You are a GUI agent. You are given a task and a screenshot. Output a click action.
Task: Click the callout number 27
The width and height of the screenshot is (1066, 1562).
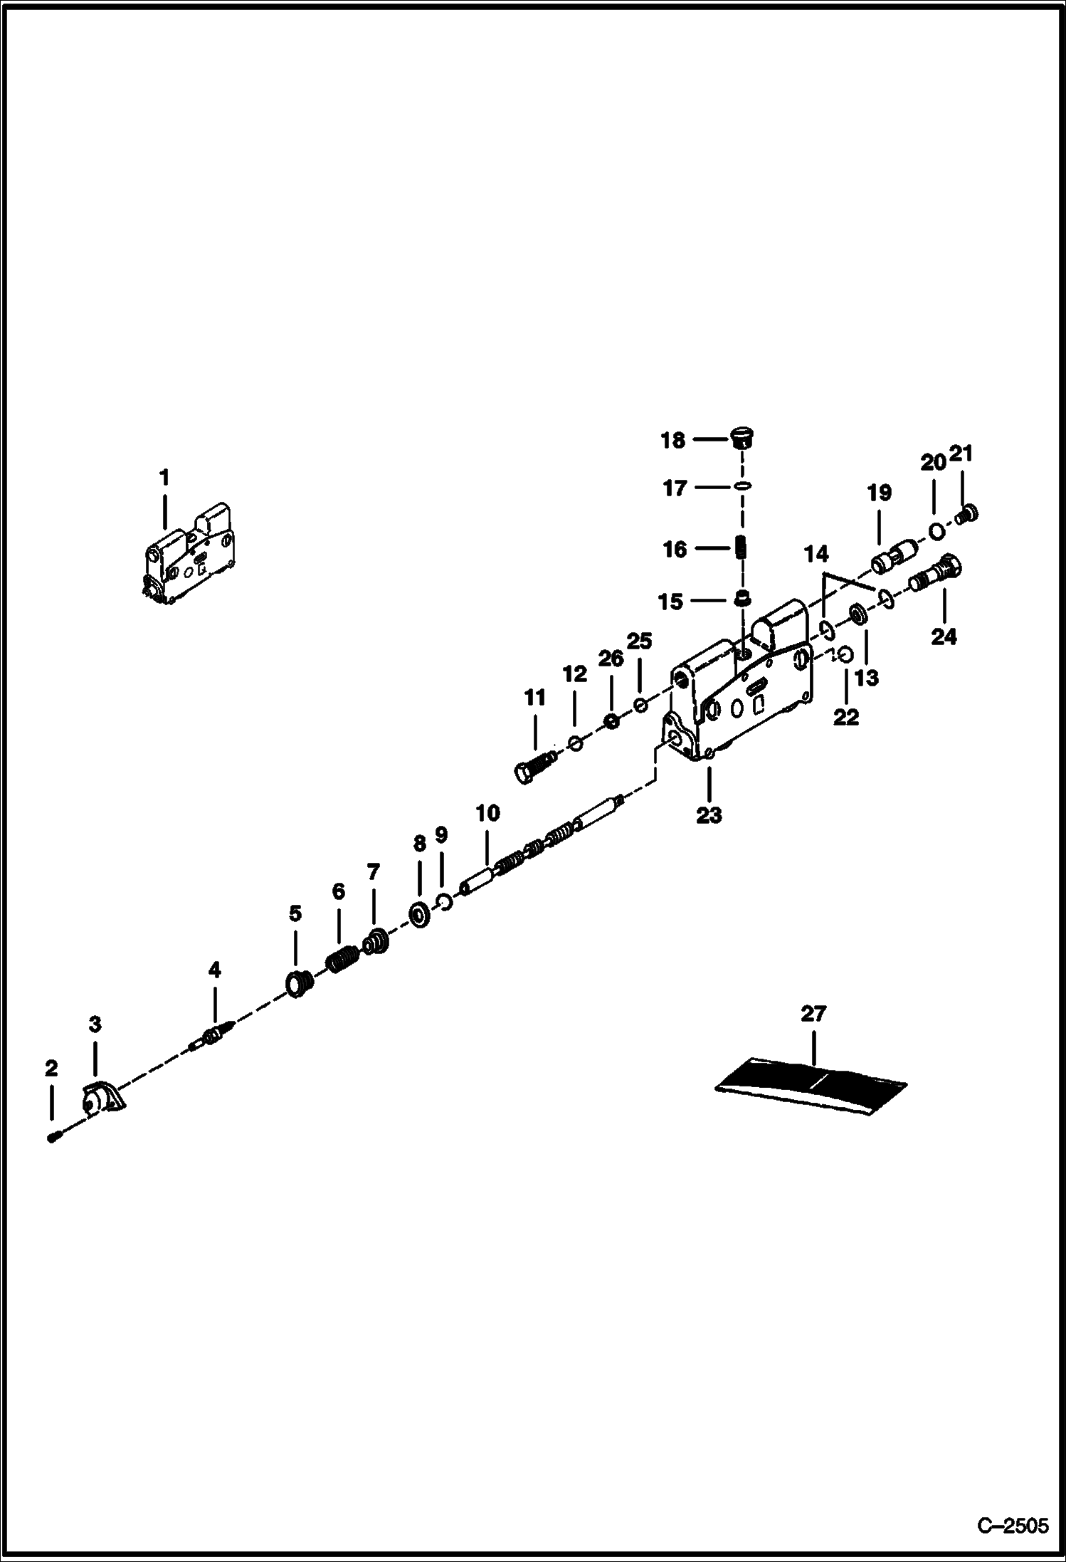point(813,1013)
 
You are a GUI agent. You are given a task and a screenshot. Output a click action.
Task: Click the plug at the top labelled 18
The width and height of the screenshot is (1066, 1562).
point(742,437)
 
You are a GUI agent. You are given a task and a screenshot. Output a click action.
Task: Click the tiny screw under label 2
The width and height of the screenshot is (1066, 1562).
point(53,1138)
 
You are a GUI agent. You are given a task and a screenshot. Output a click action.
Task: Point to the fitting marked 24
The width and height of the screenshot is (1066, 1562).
point(936,574)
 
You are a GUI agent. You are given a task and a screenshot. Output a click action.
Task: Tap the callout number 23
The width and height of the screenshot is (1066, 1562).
point(709,814)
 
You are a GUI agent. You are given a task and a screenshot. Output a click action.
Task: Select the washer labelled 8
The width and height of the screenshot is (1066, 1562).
point(419,914)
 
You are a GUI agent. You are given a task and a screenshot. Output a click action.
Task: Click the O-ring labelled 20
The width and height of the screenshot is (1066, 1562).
point(937,530)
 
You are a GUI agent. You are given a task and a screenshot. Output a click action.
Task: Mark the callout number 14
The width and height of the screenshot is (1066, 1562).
point(816,553)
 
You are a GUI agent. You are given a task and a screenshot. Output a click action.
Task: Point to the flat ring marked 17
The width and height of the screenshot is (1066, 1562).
point(742,486)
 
